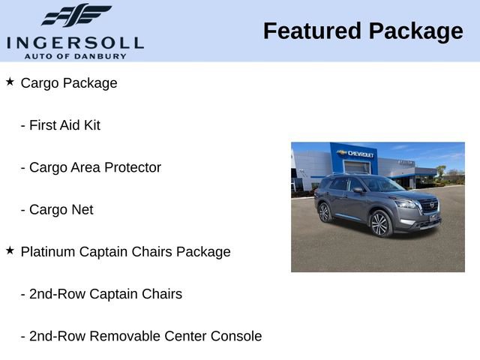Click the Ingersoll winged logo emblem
76,15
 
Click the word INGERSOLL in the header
75,42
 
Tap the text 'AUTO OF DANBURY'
75,56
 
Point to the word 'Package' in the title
416,31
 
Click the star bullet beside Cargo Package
10,82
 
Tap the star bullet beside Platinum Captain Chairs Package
10,250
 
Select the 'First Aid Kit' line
64,125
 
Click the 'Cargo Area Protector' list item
94,167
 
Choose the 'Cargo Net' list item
61,210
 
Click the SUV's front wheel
379,223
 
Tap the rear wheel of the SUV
324,212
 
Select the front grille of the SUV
428,206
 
